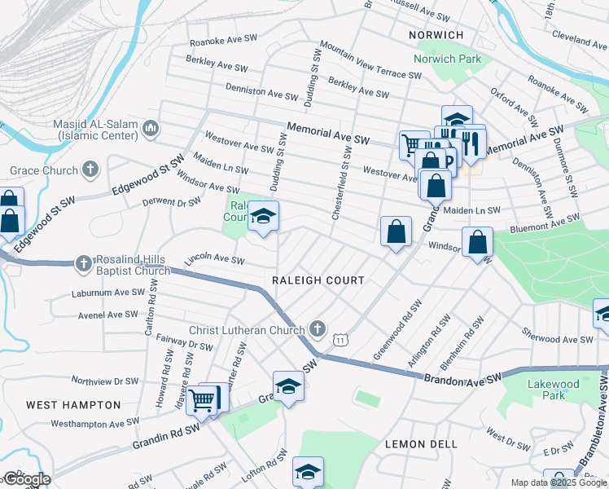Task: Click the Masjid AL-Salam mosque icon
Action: [150, 129]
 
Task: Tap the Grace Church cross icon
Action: [90, 170]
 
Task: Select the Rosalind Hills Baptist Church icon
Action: [82, 263]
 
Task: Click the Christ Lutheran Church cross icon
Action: [318, 330]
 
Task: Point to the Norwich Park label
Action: [447, 59]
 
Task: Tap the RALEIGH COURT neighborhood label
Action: [318, 280]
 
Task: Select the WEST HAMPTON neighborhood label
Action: [73, 405]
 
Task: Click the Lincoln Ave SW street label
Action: [214, 260]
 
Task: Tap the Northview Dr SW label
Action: [105, 381]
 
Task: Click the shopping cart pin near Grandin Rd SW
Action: [201, 399]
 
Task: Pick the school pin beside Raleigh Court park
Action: [263, 217]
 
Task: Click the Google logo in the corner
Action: [26, 479]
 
